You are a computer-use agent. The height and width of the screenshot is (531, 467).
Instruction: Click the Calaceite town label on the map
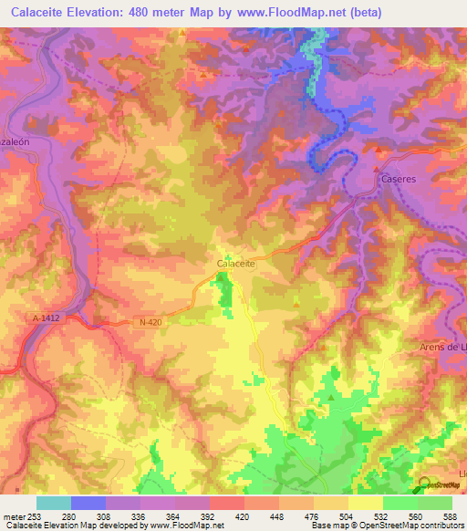(234, 264)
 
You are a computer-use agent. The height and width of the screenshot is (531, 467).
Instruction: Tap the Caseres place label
(399, 179)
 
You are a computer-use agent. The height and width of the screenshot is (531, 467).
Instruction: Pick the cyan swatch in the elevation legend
(54, 503)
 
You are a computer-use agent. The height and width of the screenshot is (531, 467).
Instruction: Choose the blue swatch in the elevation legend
(88, 503)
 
